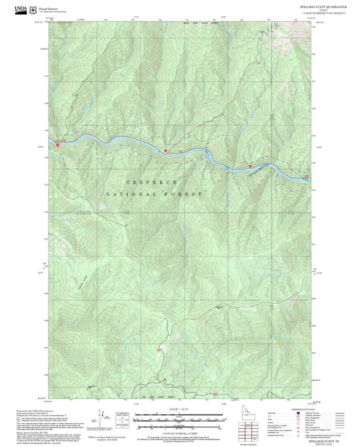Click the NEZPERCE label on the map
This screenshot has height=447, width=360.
coord(151,182)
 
